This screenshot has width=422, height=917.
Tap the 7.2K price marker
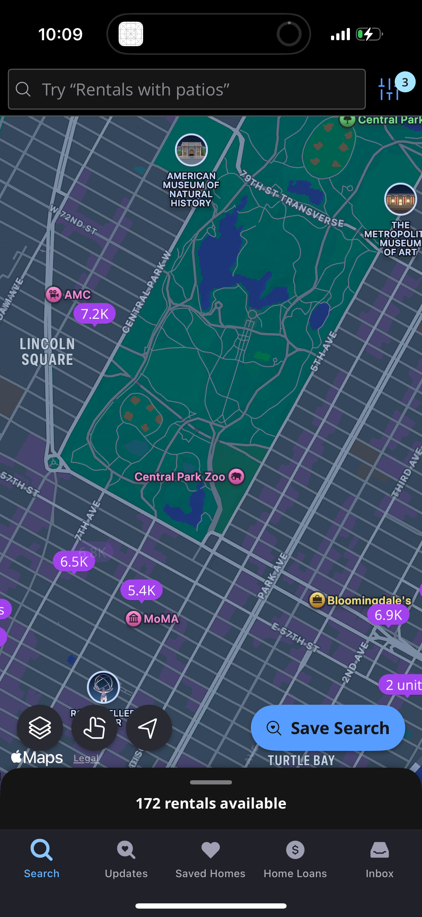click(x=94, y=314)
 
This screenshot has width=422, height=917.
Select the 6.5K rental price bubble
click(x=74, y=561)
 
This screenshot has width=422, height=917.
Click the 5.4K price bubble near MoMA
click(x=141, y=590)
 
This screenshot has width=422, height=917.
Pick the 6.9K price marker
click(x=388, y=615)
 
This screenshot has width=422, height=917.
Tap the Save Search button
click(x=328, y=727)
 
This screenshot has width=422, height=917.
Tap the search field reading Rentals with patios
click(x=187, y=89)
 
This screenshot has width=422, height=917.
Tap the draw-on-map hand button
click(x=94, y=727)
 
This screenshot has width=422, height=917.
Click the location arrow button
click(x=149, y=727)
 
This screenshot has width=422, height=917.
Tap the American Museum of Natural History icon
click(x=191, y=150)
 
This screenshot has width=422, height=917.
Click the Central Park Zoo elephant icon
click(x=236, y=476)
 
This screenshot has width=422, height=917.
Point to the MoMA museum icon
click(x=134, y=618)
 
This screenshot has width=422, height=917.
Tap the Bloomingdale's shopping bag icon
click(x=317, y=600)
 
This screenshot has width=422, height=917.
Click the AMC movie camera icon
click(x=54, y=294)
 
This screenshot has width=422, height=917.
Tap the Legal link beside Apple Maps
click(x=86, y=758)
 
